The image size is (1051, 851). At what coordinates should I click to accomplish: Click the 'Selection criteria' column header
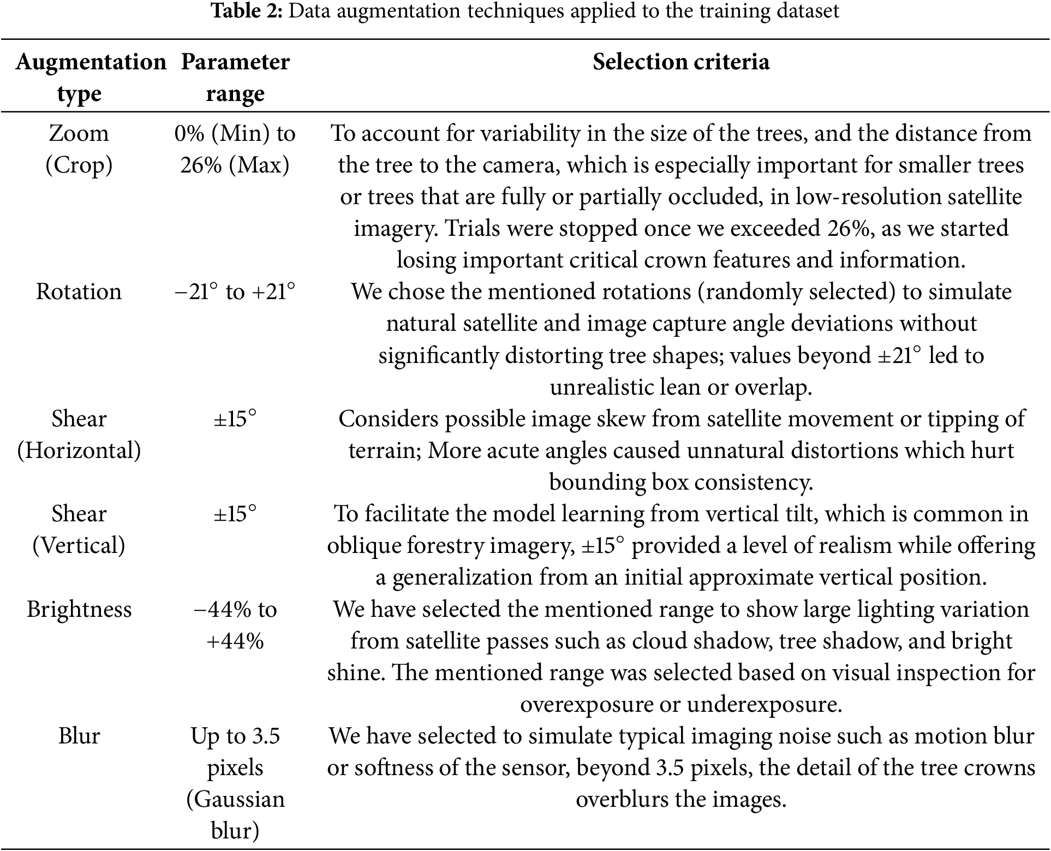pos(680,62)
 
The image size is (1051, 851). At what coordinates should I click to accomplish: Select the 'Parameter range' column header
pos(235,78)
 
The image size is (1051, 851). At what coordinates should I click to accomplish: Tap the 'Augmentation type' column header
pos(91,78)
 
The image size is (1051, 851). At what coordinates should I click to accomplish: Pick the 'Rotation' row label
pos(79,291)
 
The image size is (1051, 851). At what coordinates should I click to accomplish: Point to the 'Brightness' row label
pos(79,609)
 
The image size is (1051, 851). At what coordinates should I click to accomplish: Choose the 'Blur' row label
pos(79,736)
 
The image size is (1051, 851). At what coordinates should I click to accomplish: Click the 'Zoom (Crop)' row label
pos(79,149)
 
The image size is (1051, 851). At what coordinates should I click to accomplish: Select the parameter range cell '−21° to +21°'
pos(235,292)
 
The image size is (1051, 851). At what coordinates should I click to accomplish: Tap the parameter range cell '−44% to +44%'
pos(235,625)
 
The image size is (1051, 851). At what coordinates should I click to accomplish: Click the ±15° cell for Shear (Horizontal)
pos(235,419)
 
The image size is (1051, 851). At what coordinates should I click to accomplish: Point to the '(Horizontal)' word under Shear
pos(79,451)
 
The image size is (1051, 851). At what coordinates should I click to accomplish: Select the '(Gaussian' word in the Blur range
pos(235,800)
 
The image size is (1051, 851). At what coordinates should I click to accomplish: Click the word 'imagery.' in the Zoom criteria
pos(396,228)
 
